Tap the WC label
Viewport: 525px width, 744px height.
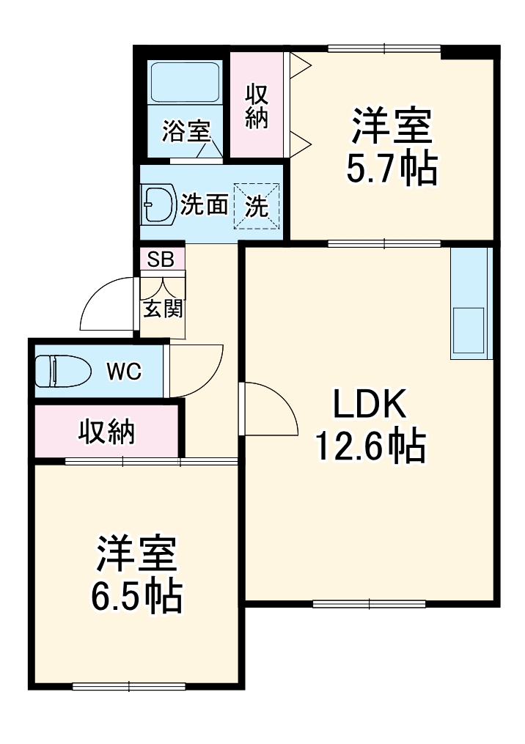(x=124, y=372)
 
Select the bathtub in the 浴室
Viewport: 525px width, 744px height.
(x=185, y=83)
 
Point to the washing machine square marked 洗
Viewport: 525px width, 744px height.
(x=257, y=206)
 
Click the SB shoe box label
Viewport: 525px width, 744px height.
(x=161, y=259)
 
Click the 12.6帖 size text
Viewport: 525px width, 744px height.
(x=370, y=446)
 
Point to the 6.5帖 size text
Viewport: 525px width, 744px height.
(x=136, y=594)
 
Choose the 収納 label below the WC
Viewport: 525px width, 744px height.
(x=107, y=431)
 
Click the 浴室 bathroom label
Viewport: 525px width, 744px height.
(x=186, y=131)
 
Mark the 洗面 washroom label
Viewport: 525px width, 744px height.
(x=204, y=205)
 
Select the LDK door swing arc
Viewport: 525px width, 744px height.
(x=284, y=397)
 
